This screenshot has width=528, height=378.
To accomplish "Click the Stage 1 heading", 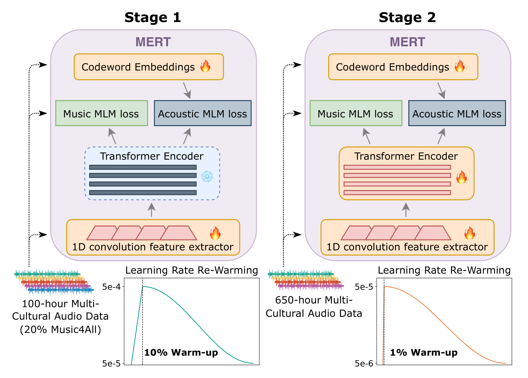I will tap(152, 17).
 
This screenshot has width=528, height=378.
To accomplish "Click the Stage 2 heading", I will tap(407, 17).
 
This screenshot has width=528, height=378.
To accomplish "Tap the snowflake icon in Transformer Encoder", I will tap(207, 176).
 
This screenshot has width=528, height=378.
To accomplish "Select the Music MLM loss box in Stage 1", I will tap(101, 113).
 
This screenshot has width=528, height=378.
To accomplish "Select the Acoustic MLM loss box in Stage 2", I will tap(457, 113).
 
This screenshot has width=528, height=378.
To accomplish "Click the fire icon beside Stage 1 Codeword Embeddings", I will tap(205, 66).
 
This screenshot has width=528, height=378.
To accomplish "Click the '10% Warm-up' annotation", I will tap(181, 353).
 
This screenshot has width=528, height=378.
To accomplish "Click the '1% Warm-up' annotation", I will tap(424, 353).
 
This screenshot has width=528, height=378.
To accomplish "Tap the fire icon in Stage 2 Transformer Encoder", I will tap(461, 177).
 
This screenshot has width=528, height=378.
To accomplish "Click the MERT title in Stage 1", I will tap(153, 42).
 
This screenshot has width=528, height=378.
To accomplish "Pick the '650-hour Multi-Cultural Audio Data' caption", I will tap(314, 307).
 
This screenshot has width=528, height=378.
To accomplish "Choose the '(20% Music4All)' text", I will tap(61, 330).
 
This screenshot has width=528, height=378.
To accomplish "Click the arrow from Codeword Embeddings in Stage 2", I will tap(441, 90).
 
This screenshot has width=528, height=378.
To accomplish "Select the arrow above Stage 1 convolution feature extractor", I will tap(151, 210).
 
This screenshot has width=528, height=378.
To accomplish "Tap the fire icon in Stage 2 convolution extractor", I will tap(469, 233).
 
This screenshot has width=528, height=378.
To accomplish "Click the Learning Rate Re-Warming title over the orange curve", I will tap(444, 271).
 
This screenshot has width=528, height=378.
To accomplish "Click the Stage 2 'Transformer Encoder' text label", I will tap(406, 156).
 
